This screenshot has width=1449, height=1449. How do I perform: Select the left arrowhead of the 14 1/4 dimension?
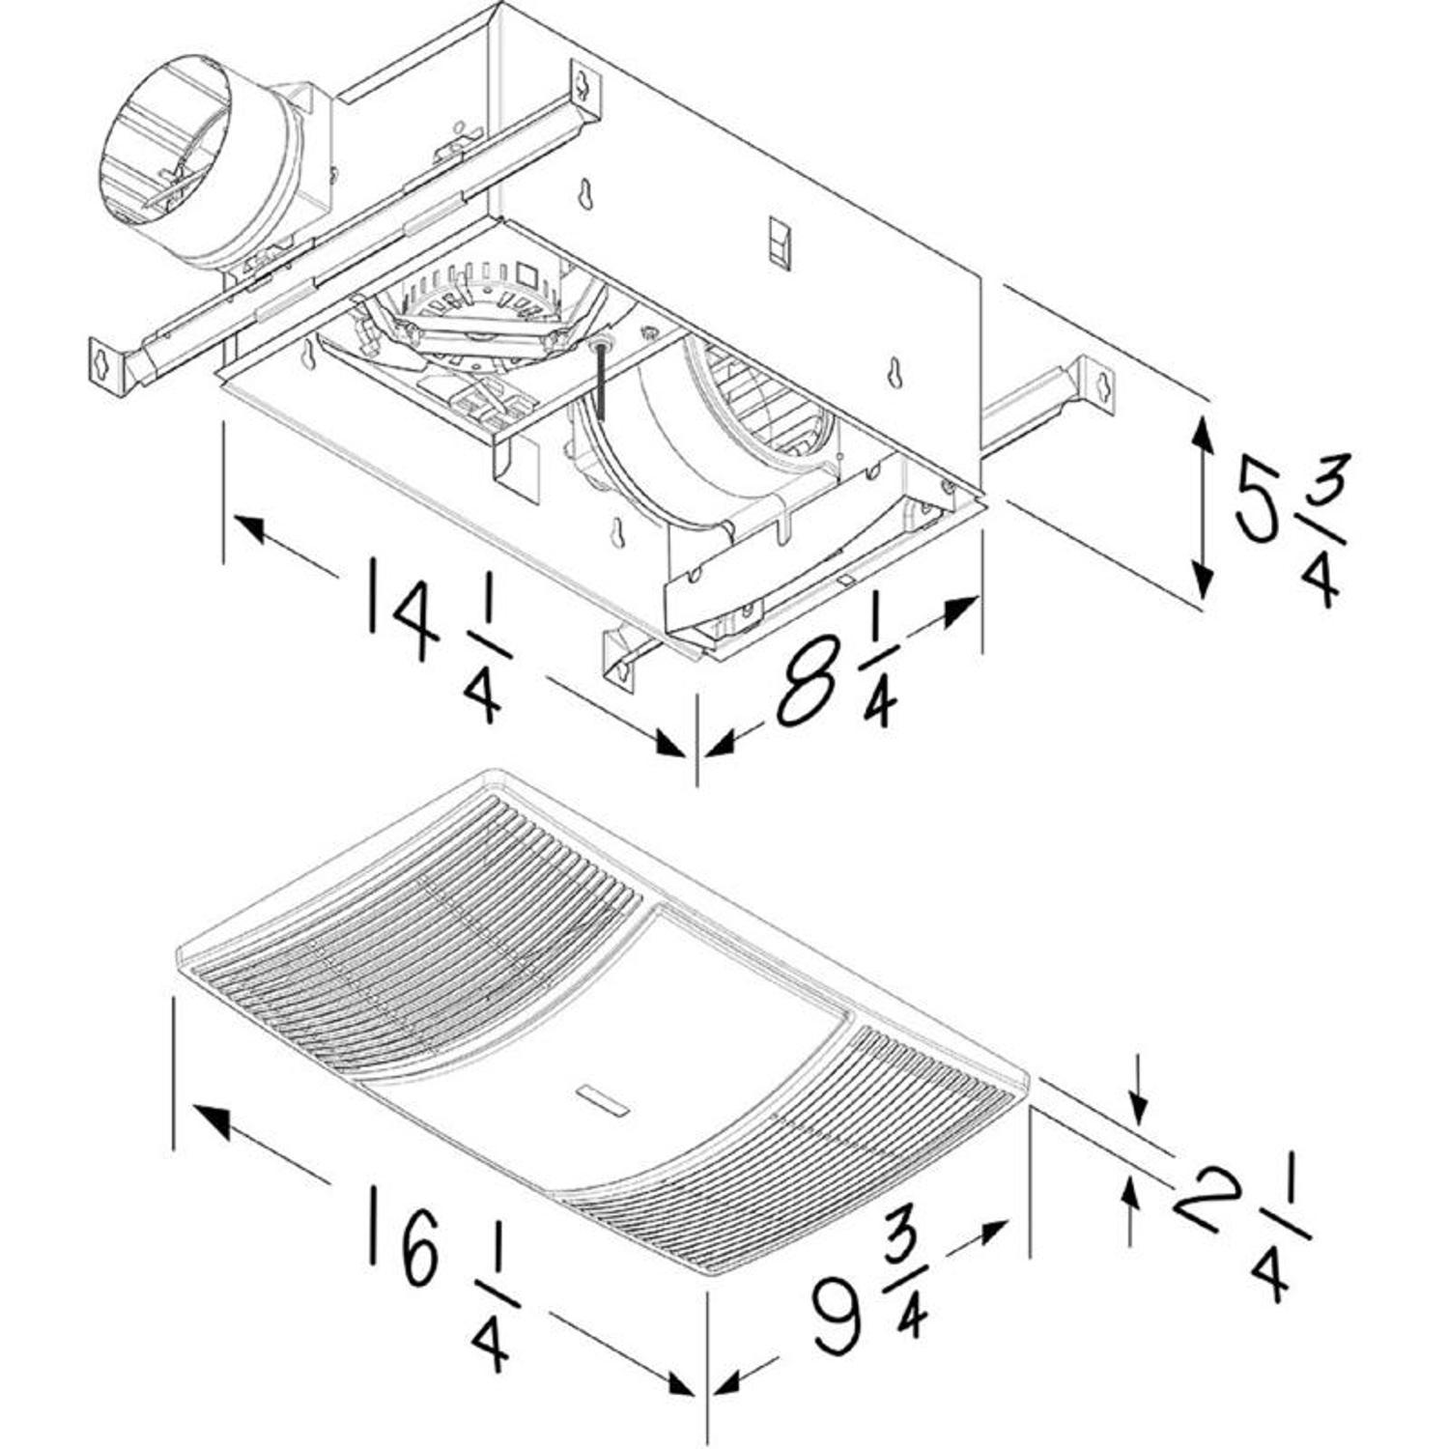[249, 527]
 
